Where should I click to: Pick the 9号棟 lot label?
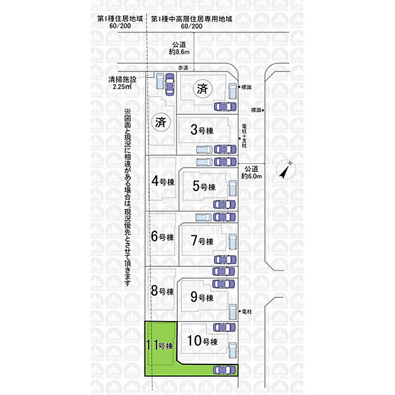click(201, 298)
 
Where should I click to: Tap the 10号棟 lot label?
click(203, 341)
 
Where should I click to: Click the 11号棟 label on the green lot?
click(159, 347)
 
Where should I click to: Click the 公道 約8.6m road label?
click(178, 48)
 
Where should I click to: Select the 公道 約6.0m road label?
click(252, 172)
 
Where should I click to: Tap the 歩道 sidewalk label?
click(183, 67)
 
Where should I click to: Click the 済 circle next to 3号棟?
click(160, 123)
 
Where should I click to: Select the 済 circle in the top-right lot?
click(203, 87)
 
